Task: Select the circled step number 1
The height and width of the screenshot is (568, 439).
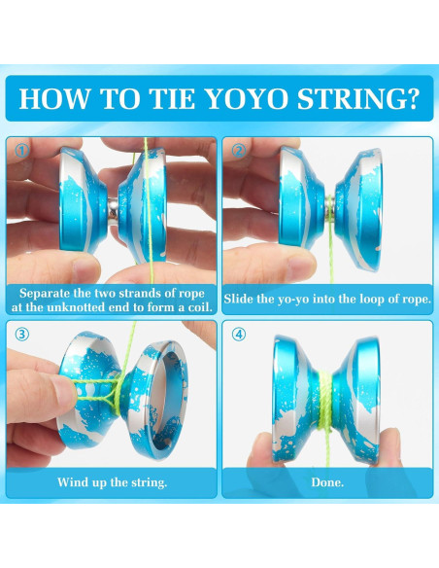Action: pyautogui.click(x=20, y=152)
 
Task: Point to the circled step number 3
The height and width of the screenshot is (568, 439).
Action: pyautogui.click(x=20, y=335)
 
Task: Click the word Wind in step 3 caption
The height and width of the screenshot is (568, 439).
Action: pyautogui.click(x=71, y=480)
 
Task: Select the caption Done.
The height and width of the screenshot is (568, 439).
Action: pyautogui.click(x=326, y=480)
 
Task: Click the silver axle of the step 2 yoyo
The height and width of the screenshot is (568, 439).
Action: pyautogui.click(x=329, y=203)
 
